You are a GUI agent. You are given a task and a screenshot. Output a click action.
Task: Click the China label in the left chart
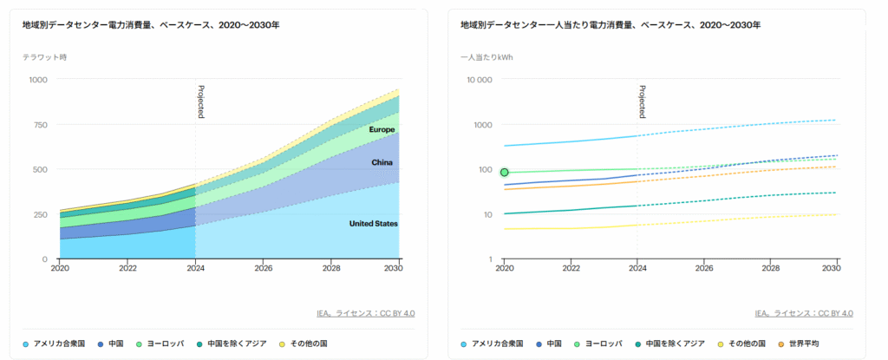click(x=382, y=162)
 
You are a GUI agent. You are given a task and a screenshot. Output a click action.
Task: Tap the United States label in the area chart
click(x=373, y=224)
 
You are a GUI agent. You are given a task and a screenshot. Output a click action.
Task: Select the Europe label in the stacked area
click(x=382, y=130)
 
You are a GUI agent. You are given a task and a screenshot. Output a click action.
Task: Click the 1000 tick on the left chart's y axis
click(x=38, y=80)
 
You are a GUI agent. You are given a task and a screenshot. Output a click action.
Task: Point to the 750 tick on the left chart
click(x=41, y=125)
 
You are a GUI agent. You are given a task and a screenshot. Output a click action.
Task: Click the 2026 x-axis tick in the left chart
click(x=263, y=269)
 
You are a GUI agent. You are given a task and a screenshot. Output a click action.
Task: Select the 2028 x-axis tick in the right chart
click(x=769, y=269)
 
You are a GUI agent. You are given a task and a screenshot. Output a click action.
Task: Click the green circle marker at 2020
click(x=505, y=172)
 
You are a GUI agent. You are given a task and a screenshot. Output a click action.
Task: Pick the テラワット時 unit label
click(x=44, y=57)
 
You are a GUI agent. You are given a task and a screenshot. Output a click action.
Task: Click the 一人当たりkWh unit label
click(x=486, y=57)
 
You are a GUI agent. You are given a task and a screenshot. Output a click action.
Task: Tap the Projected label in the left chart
click(x=200, y=101)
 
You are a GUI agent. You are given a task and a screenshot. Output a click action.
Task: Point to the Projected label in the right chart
click(x=642, y=101)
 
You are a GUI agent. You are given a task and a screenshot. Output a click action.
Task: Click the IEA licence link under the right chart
click(x=804, y=313)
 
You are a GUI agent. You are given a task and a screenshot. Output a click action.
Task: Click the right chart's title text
click(x=610, y=25)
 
